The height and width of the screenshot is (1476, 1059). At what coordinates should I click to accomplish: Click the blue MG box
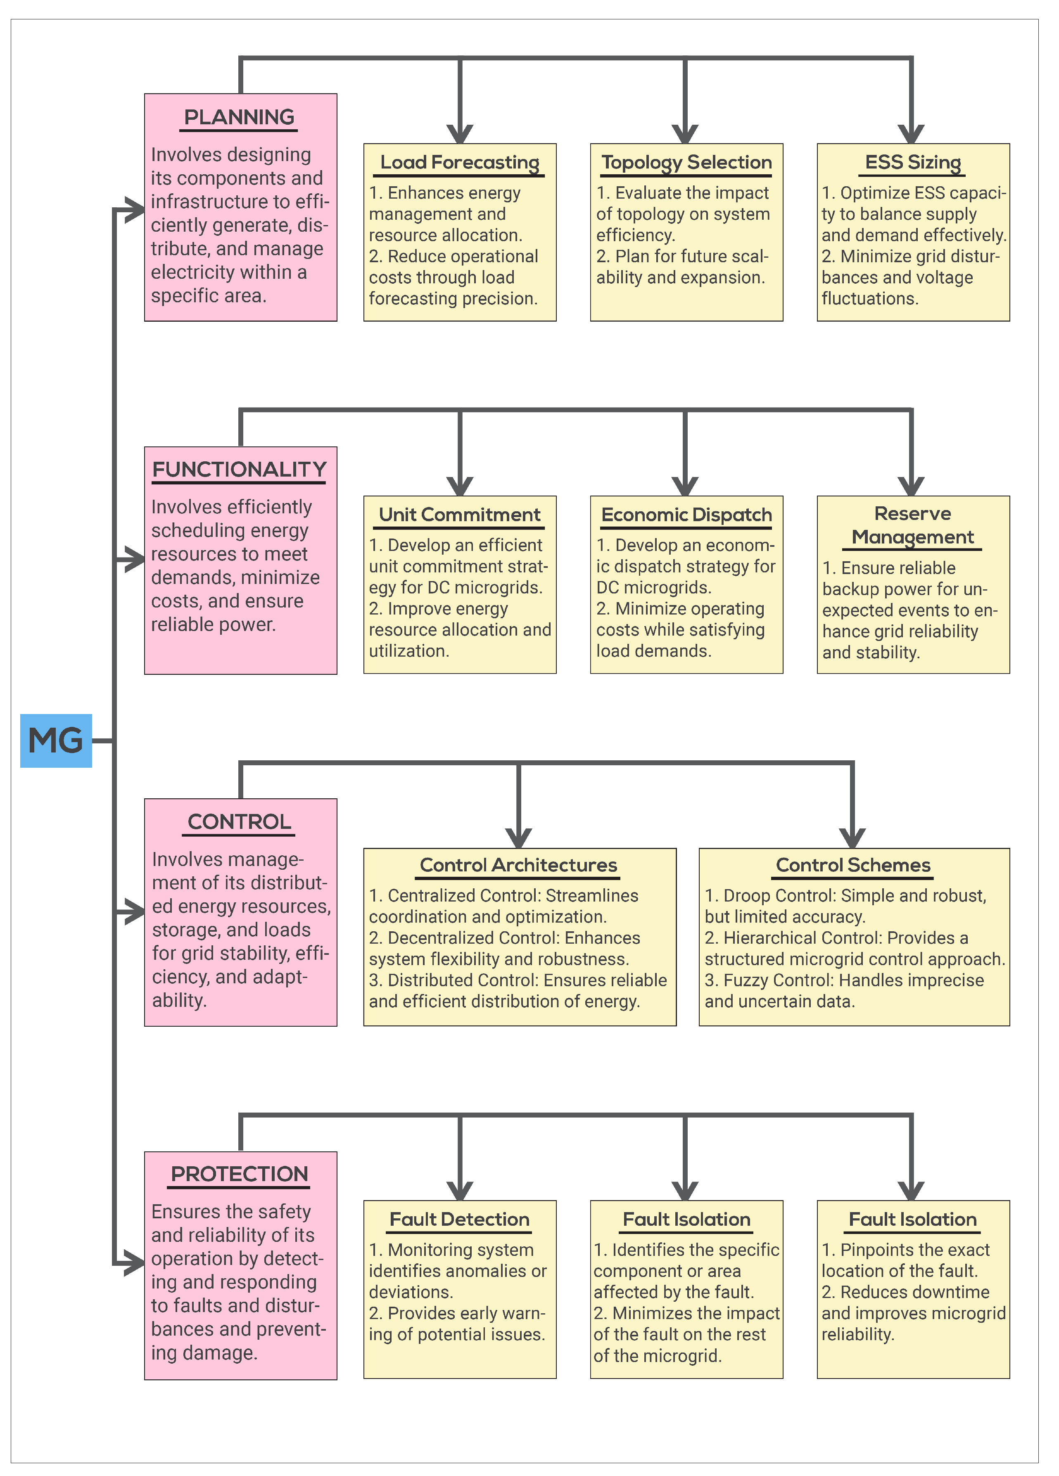56,740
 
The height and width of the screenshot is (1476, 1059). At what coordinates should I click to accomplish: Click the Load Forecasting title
460,162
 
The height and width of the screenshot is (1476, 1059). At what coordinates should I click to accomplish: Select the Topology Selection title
686,162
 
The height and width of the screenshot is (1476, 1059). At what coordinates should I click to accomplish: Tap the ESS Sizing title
912,162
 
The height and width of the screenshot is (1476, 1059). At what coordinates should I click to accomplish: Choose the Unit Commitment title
460,514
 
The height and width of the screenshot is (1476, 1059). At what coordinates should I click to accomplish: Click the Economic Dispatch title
686,514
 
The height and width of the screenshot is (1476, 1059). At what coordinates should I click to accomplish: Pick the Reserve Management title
912,525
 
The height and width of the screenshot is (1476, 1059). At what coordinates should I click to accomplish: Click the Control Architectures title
519,865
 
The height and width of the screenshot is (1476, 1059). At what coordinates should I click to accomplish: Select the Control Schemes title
853,865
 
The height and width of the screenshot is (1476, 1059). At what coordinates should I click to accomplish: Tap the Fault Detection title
460,1219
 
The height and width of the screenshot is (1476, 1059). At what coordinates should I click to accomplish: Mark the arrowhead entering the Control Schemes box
852,838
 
